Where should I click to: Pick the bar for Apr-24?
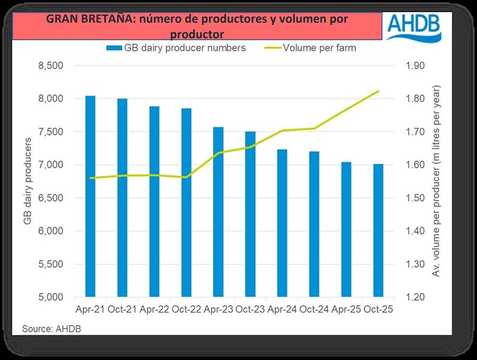pos(281,223)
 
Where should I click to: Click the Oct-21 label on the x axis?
pos(122,310)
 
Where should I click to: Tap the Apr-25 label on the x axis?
pos(346,310)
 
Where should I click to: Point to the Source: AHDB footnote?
pos(52,329)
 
